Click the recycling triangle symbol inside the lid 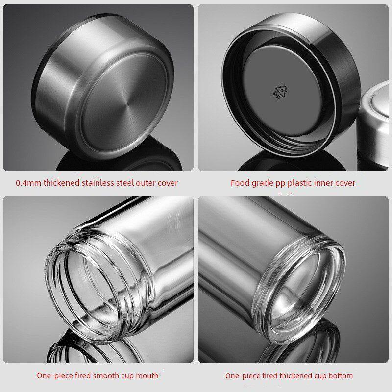281,91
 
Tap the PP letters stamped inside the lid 276,96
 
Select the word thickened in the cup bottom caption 296,376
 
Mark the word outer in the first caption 146,183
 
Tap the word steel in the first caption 125,183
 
